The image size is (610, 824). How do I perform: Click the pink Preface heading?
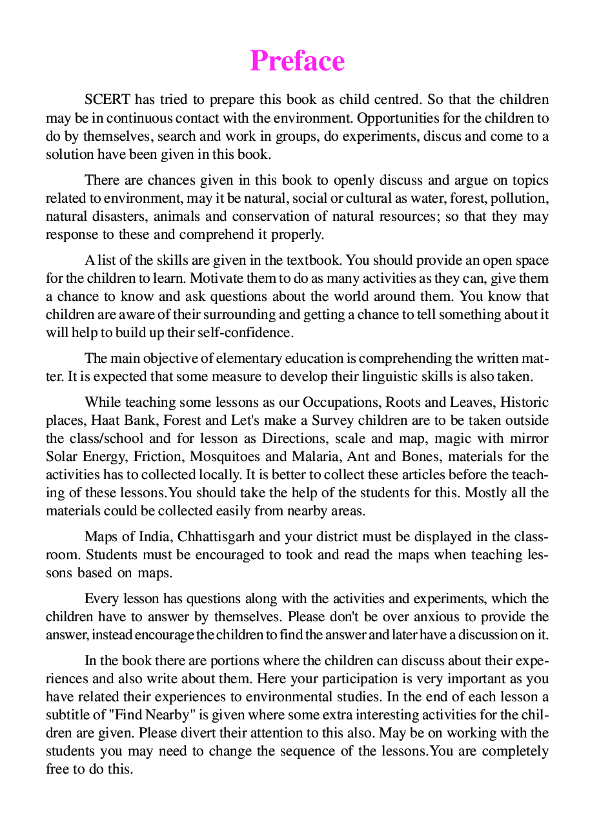[298, 61]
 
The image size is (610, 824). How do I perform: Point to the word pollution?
[523, 198]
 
